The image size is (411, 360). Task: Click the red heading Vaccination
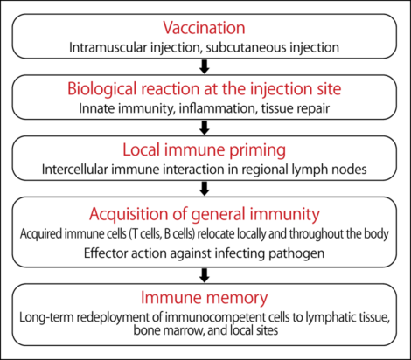(x=205, y=26)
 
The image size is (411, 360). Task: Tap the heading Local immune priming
(x=205, y=150)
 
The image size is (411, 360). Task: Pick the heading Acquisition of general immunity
(x=205, y=215)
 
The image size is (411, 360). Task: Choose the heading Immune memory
(x=205, y=297)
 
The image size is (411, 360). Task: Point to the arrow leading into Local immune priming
(x=205, y=128)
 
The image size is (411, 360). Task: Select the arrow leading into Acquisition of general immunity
(x=205, y=189)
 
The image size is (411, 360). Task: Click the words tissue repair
(x=273, y=108)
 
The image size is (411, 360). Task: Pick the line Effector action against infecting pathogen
(x=205, y=253)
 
